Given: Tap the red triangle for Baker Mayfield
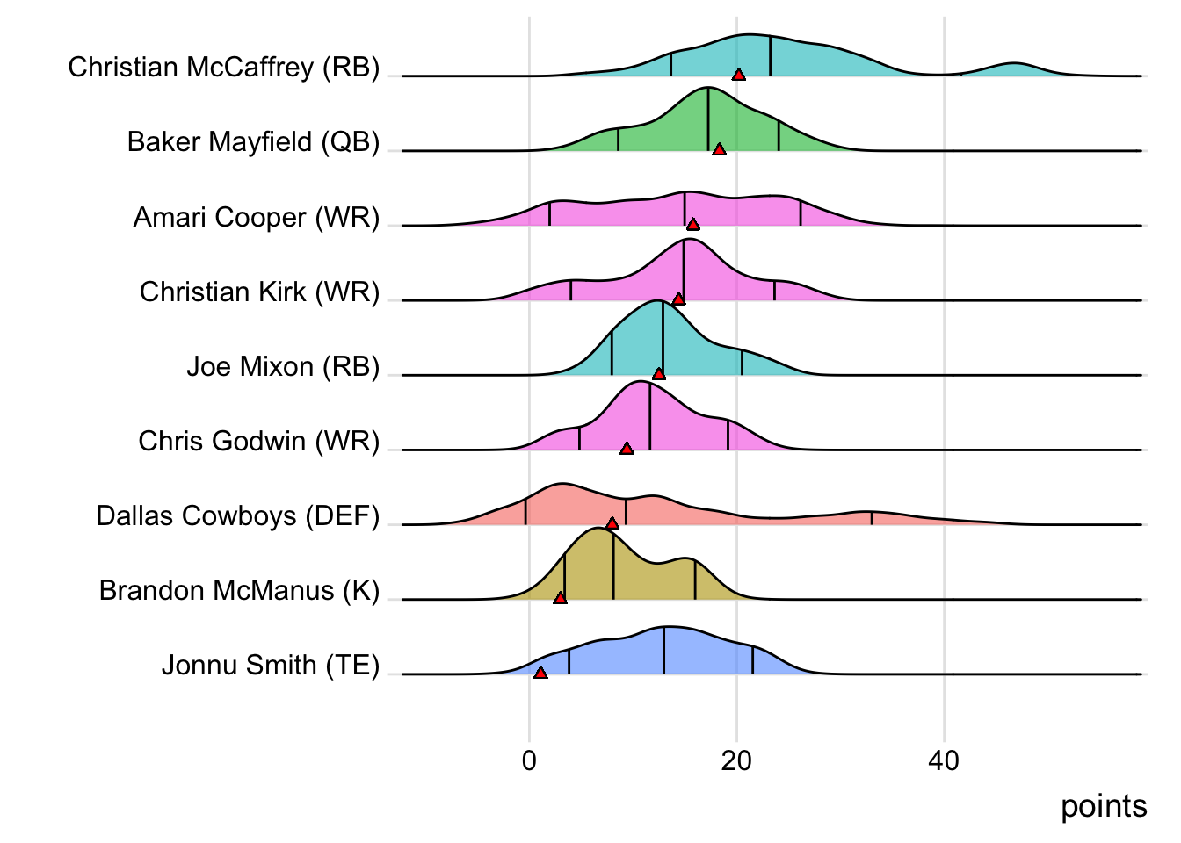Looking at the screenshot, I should [x=719, y=150].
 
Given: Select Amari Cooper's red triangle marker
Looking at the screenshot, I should [x=693, y=225].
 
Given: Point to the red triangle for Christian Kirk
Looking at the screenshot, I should [x=678, y=299].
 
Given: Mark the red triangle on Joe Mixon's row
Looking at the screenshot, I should [x=659, y=374].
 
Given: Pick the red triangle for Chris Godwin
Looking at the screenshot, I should [x=627, y=449].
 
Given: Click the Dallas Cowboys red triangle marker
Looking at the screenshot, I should [x=612, y=523].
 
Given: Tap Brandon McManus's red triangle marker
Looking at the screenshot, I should [x=560, y=598].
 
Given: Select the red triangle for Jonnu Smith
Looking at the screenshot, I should [x=540, y=673].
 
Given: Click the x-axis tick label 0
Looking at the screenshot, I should [x=529, y=760].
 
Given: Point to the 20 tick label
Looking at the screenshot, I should [x=736, y=760].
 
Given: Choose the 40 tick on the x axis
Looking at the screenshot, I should [x=944, y=760].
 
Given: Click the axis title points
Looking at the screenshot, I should [x=1104, y=806].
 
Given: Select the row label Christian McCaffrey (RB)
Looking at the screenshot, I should [x=224, y=67].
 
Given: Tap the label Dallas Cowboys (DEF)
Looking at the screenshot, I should [x=238, y=515].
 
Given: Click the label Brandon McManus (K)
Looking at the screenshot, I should [x=239, y=590].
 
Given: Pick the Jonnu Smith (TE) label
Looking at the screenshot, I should [x=271, y=665].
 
